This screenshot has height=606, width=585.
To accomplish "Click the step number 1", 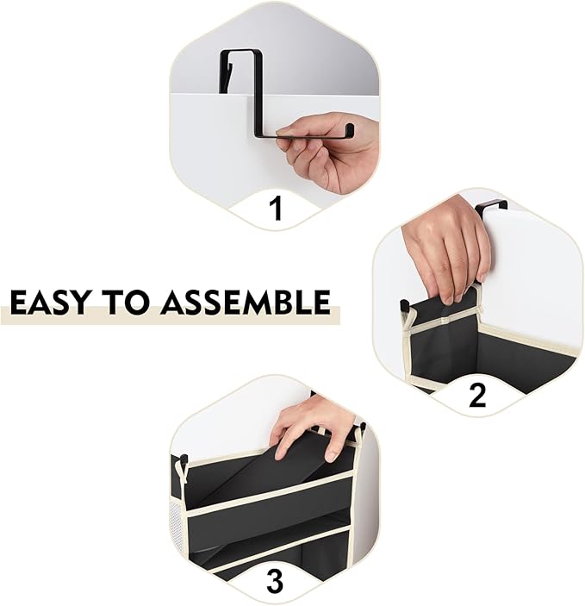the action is [x=276, y=208].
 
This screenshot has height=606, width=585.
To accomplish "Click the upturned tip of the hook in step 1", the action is [x=349, y=128].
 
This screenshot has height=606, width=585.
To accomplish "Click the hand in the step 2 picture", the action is [x=445, y=247].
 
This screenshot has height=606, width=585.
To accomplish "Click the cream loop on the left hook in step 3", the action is [x=181, y=471].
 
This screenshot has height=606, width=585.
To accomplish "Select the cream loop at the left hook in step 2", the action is [x=408, y=320].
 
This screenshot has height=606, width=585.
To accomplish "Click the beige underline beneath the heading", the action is [x=170, y=315].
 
